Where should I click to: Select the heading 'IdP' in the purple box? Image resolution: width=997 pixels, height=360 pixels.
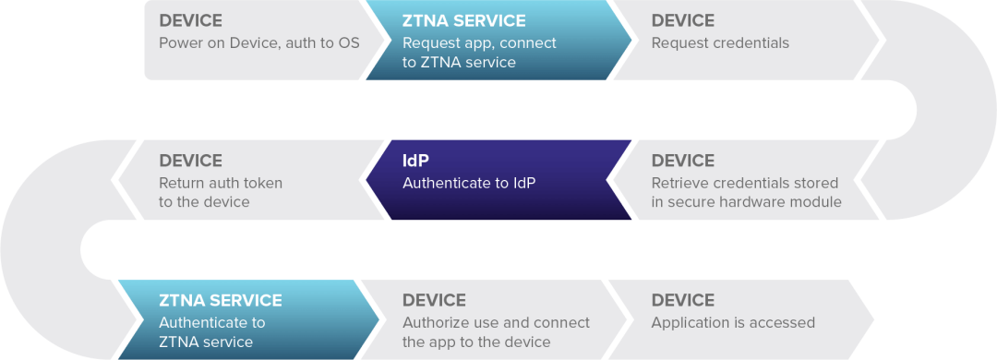[415, 161]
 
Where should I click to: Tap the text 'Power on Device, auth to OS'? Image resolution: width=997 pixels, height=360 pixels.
[258, 43]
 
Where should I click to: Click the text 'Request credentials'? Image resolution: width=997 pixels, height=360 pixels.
[720, 43]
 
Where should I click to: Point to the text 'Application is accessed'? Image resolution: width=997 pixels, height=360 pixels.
[733, 323]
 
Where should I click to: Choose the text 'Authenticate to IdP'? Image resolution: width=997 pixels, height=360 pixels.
[469, 183]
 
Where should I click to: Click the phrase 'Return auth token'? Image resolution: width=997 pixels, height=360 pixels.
[221, 183]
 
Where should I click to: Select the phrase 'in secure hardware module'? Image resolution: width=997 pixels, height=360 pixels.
[746, 202]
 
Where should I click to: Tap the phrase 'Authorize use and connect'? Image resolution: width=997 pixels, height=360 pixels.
[496, 323]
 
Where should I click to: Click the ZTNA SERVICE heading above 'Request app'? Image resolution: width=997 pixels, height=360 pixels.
[464, 20]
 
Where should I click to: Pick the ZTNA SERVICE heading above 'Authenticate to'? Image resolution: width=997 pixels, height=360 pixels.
[221, 300]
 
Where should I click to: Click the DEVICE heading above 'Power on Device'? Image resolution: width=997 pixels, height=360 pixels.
[190, 20]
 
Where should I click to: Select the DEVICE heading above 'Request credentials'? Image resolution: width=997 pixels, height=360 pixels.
[683, 20]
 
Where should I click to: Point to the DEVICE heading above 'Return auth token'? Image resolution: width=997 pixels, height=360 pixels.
[190, 161]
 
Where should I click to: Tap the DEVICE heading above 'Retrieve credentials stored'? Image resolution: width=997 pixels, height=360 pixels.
[683, 161]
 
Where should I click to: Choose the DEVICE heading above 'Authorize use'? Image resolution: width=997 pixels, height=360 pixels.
[434, 300]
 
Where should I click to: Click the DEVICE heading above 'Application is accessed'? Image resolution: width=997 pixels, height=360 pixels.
[683, 300]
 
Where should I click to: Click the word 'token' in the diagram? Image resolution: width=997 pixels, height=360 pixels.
[262, 183]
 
